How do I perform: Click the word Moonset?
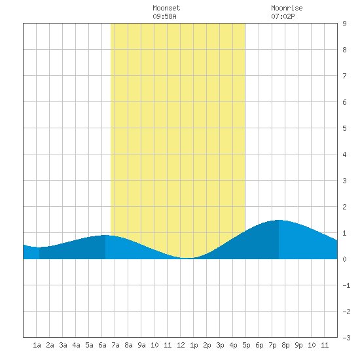coord(166,8)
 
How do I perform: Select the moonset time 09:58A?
coord(164,16)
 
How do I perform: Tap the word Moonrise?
coord(287,8)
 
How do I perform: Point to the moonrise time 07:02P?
coord(283,16)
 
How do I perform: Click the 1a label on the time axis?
coord(37,345)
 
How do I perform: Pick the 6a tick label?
coord(102,345)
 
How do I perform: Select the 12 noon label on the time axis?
coord(181,345)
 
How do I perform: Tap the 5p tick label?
coord(246,345)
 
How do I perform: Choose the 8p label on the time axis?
coord(285,345)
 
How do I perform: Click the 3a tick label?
coord(63,345)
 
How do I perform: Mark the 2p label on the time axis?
coord(207,345)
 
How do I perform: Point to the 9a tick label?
coord(141,345)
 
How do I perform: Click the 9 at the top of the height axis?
coord(344,24)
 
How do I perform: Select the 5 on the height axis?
coord(344,128)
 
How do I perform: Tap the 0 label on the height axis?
coord(344,259)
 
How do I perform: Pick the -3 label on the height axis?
coord(346,338)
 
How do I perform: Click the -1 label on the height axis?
coord(346,285)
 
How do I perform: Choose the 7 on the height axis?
coord(344,76)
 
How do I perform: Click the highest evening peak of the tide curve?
coord(279,220)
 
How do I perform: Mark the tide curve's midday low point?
coord(187,258)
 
